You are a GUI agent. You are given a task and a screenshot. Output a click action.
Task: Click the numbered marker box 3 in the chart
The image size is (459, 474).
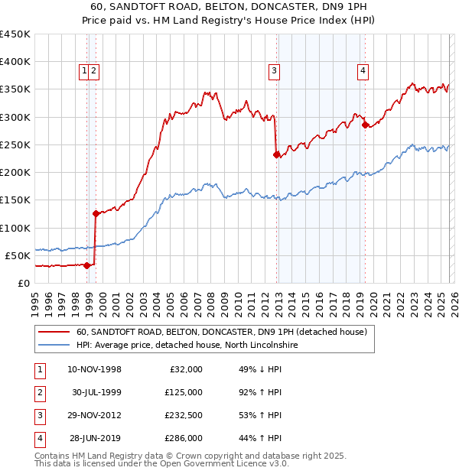click(273, 72)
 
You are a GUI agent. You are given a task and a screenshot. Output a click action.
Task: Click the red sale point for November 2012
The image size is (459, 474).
click(276, 154)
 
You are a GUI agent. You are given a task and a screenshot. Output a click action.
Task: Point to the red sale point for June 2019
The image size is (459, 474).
click(365, 125)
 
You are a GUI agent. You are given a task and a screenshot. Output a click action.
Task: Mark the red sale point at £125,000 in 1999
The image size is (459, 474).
click(96, 214)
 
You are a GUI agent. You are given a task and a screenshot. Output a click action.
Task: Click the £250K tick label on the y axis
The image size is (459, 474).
click(15, 144)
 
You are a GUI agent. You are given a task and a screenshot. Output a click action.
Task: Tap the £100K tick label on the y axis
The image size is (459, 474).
click(15, 228)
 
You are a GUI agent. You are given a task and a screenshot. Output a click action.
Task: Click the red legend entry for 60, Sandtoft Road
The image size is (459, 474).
click(222, 332)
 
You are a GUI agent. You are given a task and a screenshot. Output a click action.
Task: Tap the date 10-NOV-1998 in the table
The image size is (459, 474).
click(95, 369)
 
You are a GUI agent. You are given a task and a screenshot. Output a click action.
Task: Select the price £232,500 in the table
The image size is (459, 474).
click(183, 417)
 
